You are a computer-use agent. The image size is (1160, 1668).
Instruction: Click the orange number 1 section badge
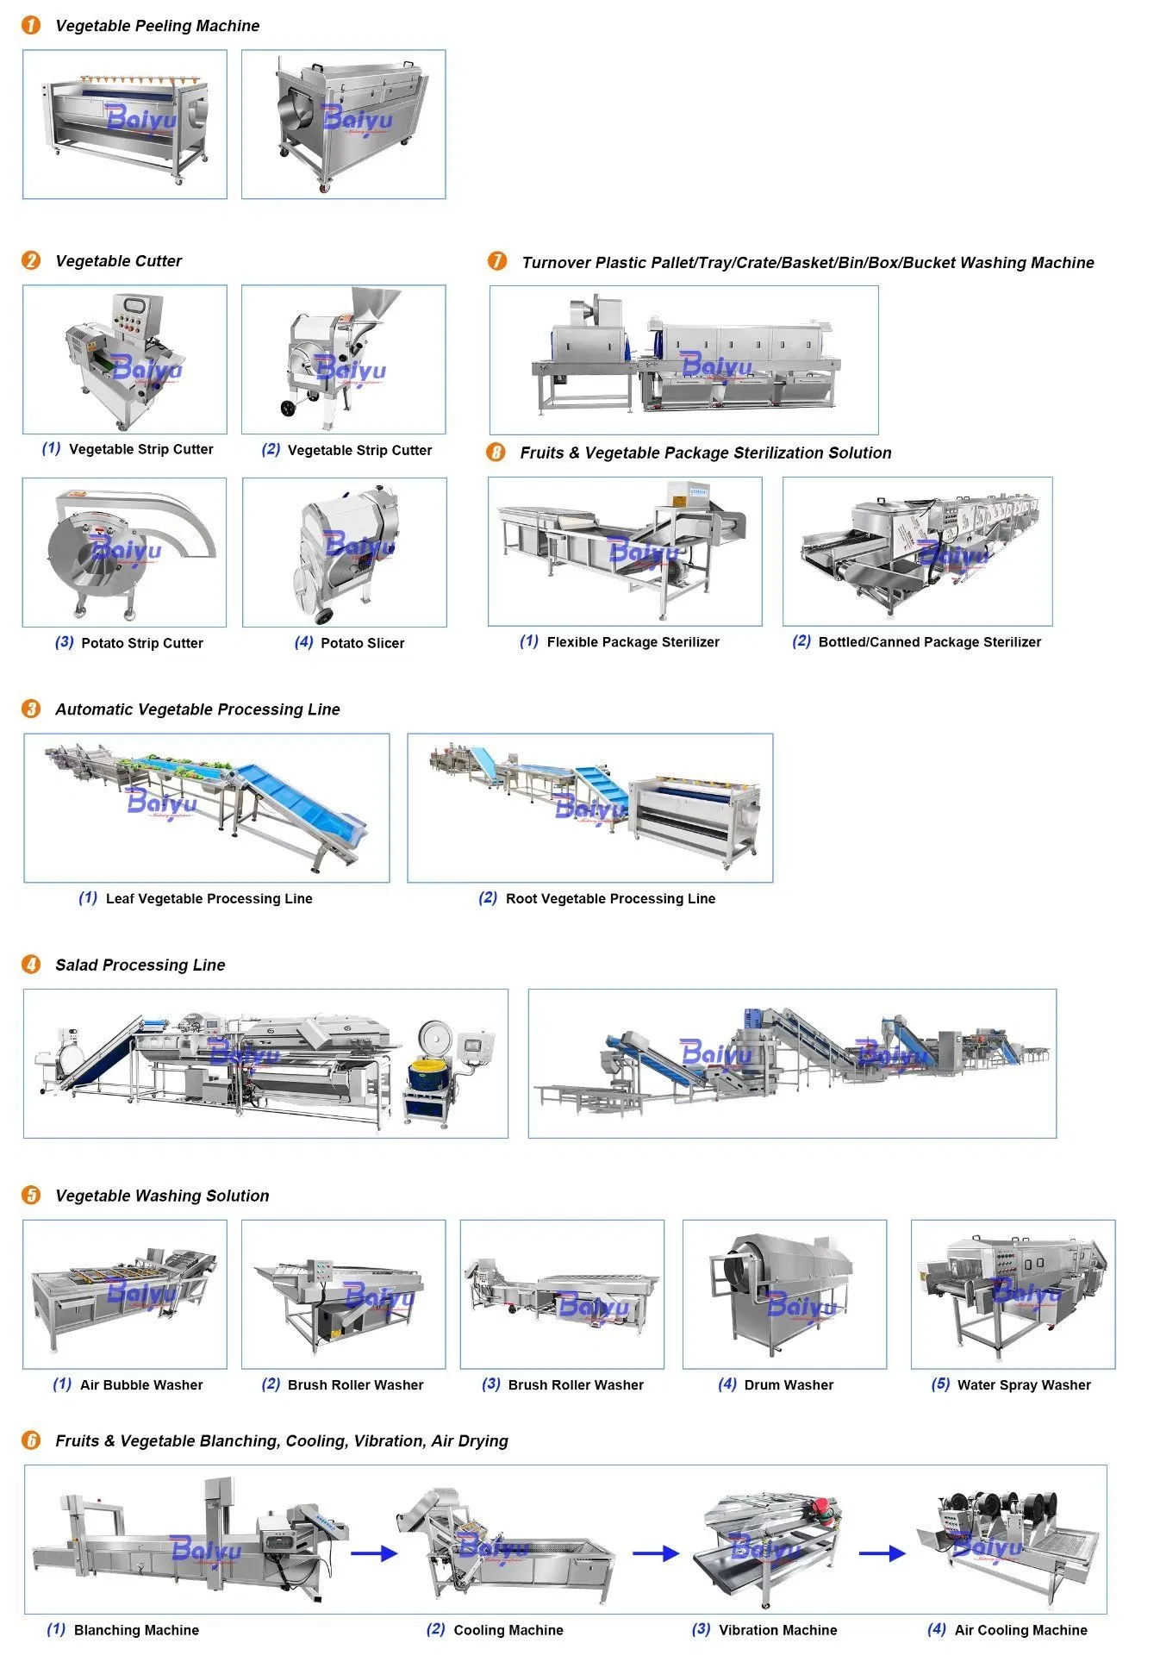click(x=31, y=26)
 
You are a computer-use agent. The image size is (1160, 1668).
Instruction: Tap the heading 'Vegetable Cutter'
click(x=119, y=261)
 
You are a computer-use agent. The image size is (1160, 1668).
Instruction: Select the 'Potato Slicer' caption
click(x=362, y=643)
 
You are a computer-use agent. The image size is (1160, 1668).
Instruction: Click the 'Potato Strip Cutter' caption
click(x=142, y=643)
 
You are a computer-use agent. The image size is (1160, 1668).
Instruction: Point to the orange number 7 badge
click(x=497, y=261)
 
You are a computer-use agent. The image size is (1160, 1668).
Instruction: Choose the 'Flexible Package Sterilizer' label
click(x=633, y=642)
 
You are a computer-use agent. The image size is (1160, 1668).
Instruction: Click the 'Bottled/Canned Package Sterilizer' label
click(x=930, y=642)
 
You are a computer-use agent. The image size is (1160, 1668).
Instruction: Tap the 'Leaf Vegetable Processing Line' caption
click(x=209, y=899)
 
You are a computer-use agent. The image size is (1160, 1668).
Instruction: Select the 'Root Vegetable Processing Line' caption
click(x=611, y=899)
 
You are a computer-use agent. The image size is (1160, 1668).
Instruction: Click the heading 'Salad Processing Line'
click(x=140, y=965)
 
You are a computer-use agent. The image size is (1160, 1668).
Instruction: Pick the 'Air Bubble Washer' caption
click(x=141, y=1385)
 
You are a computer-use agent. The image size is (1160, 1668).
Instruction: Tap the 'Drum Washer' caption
click(x=789, y=1385)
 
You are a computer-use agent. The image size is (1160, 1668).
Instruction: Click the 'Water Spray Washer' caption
click(x=1024, y=1385)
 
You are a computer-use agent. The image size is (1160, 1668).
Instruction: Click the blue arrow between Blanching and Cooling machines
click(x=375, y=1553)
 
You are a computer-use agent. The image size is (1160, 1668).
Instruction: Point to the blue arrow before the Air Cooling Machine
click(x=882, y=1553)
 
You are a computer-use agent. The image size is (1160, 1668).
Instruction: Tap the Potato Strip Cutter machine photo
click(x=126, y=552)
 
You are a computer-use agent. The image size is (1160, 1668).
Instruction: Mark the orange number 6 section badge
click(x=31, y=1440)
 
